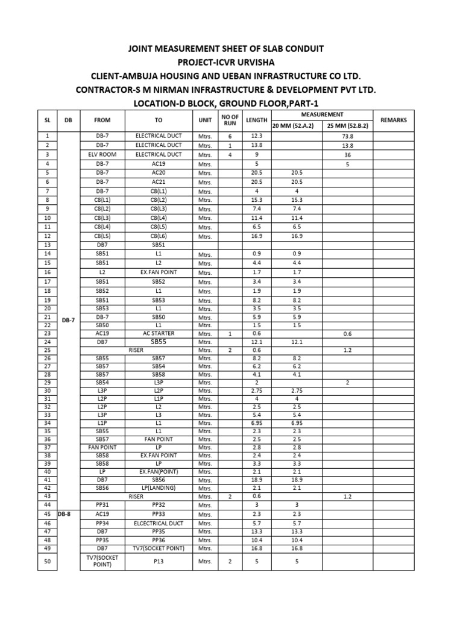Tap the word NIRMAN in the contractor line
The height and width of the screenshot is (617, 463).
coord(173,90)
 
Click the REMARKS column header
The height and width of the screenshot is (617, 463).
coord(394,120)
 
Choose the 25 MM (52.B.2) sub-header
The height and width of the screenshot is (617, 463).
coord(347,125)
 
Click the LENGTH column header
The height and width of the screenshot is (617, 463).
coord(256,120)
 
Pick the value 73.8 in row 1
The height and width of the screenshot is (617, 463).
coord(347,136)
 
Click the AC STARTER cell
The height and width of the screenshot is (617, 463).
coord(159,333)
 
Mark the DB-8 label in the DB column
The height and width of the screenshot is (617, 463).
coord(65,514)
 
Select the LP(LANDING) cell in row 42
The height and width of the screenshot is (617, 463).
coord(159,487)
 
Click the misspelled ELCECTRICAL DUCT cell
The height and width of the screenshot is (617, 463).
coord(159,524)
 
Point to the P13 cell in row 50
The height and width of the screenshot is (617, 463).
coord(159,562)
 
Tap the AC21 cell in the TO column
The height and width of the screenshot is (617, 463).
coord(159,181)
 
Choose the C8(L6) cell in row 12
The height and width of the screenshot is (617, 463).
coord(159,236)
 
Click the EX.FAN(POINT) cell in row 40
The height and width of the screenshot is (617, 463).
coord(159,471)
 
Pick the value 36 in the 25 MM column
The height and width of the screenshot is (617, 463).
coord(347,154)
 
